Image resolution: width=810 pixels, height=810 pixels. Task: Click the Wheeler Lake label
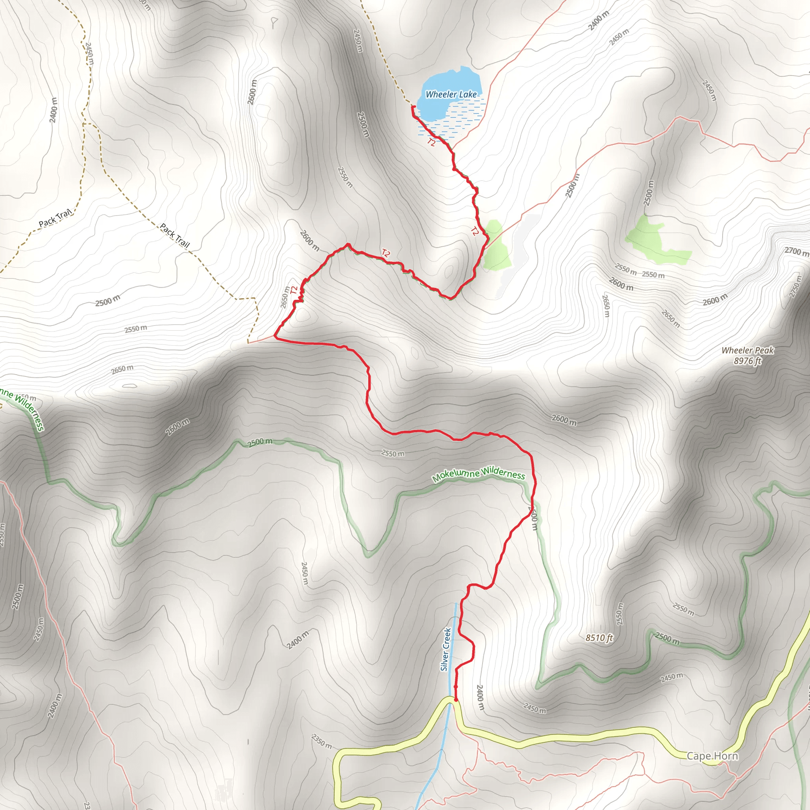451,95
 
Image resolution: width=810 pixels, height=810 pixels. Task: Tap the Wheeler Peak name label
748,350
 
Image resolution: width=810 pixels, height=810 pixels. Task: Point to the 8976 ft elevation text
747,361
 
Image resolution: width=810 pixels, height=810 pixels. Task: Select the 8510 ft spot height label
599,638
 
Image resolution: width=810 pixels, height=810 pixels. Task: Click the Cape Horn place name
712,756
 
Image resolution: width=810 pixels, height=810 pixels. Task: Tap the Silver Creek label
446,649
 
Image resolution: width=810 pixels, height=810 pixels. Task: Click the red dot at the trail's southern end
456,700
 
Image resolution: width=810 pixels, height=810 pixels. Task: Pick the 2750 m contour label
795,286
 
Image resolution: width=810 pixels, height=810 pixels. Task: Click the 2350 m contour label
322,741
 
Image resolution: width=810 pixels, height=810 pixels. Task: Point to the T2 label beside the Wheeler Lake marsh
431,142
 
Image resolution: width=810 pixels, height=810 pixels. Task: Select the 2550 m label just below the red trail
393,453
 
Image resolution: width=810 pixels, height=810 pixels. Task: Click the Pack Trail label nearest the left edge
55,217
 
